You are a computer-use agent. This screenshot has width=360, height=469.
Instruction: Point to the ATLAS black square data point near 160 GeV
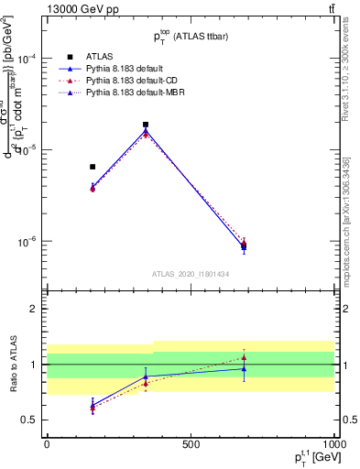pyautogui.click(x=93, y=167)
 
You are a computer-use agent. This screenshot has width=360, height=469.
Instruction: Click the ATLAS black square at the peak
pyautogui.click(x=146, y=125)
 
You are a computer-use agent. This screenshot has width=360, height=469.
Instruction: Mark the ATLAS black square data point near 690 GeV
pyautogui.click(x=244, y=245)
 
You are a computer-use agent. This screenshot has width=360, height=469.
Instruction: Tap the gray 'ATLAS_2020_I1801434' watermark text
pyautogui.click(x=191, y=274)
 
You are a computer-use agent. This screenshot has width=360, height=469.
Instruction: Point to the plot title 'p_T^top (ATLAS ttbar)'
pyautogui.click(x=191, y=37)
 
